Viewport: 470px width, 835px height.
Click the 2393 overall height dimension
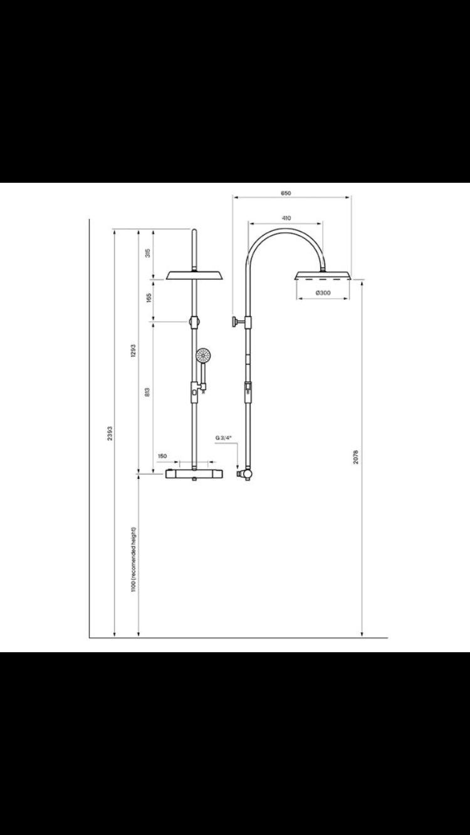pos(110,433)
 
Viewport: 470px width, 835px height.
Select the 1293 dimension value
pos(133,351)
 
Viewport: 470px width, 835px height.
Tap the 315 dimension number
pos(148,253)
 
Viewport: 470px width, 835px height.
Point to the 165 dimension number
pos(148,298)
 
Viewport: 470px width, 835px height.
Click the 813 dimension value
pos(147,392)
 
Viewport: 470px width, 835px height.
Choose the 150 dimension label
pos(162,456)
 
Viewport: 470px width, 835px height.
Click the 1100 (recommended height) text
pos(133,559)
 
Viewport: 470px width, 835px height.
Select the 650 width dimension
pos(286,193)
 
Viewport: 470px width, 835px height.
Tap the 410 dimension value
pos(286,218)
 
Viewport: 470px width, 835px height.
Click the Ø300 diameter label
pos(323,293)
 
